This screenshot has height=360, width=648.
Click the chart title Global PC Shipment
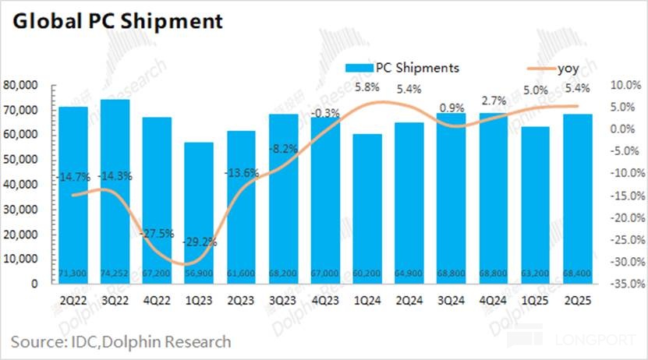(117, 21)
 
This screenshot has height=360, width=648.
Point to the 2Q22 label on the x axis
(73, 298)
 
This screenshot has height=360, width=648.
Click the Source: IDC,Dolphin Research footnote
(121, 341)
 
